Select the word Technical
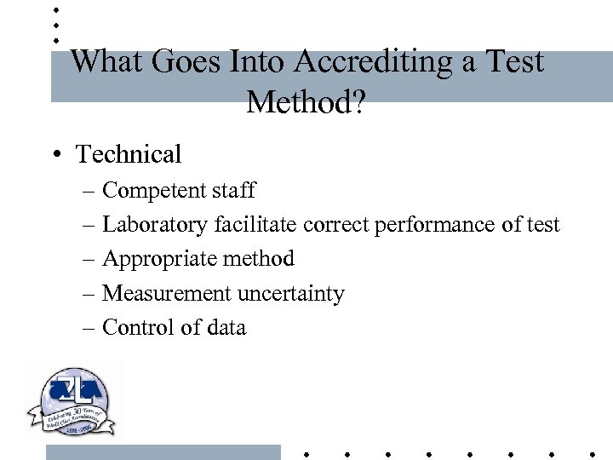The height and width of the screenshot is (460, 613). click(129, 154)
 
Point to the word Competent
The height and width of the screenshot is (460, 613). click(154, 191)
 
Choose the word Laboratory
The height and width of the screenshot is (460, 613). click(155, 225)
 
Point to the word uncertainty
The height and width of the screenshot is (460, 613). click(291, 294)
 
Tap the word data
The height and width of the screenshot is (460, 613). click(225, 328)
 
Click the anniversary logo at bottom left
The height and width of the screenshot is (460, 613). click(72, 400)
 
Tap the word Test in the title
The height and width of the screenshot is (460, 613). click(515, 61)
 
